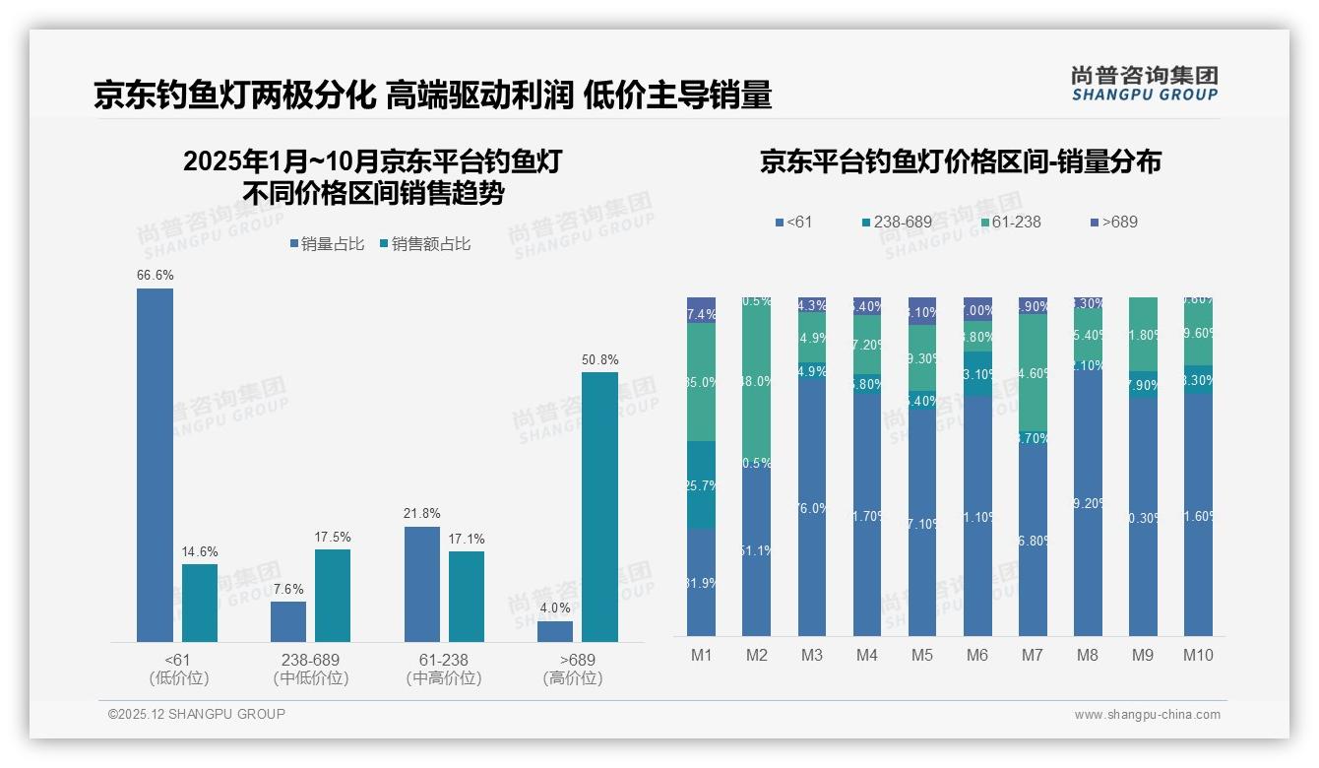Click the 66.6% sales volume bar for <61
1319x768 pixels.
click(x=155, y=465)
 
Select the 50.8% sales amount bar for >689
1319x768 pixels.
click(x=599, y=506)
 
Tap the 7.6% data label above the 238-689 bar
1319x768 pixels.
click(x=288, y=588)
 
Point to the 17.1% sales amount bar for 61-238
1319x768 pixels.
click(x=467, y=596)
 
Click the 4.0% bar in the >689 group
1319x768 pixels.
click(x=555, y=631)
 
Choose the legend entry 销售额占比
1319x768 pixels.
click(x=424, y=244)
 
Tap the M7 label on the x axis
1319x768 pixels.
click(x=1033, y=655)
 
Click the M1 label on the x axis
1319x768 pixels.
click(x=701, y=655)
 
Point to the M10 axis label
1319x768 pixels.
click(x=1198, y=655)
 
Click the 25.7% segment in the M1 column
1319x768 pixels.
click(x=701, y=484)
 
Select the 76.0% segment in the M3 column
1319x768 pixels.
click(x=812, y=507)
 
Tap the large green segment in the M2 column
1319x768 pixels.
click(x=756, y=381)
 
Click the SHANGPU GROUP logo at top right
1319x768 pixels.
click(x=1144, y=84)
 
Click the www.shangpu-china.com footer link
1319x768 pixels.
click(x=1147, y=715)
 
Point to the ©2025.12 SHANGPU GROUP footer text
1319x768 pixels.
click(x=197, y=714)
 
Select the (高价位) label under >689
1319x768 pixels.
click(x=572, y=678)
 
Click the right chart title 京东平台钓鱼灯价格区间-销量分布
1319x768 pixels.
click(x=960, y=162)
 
